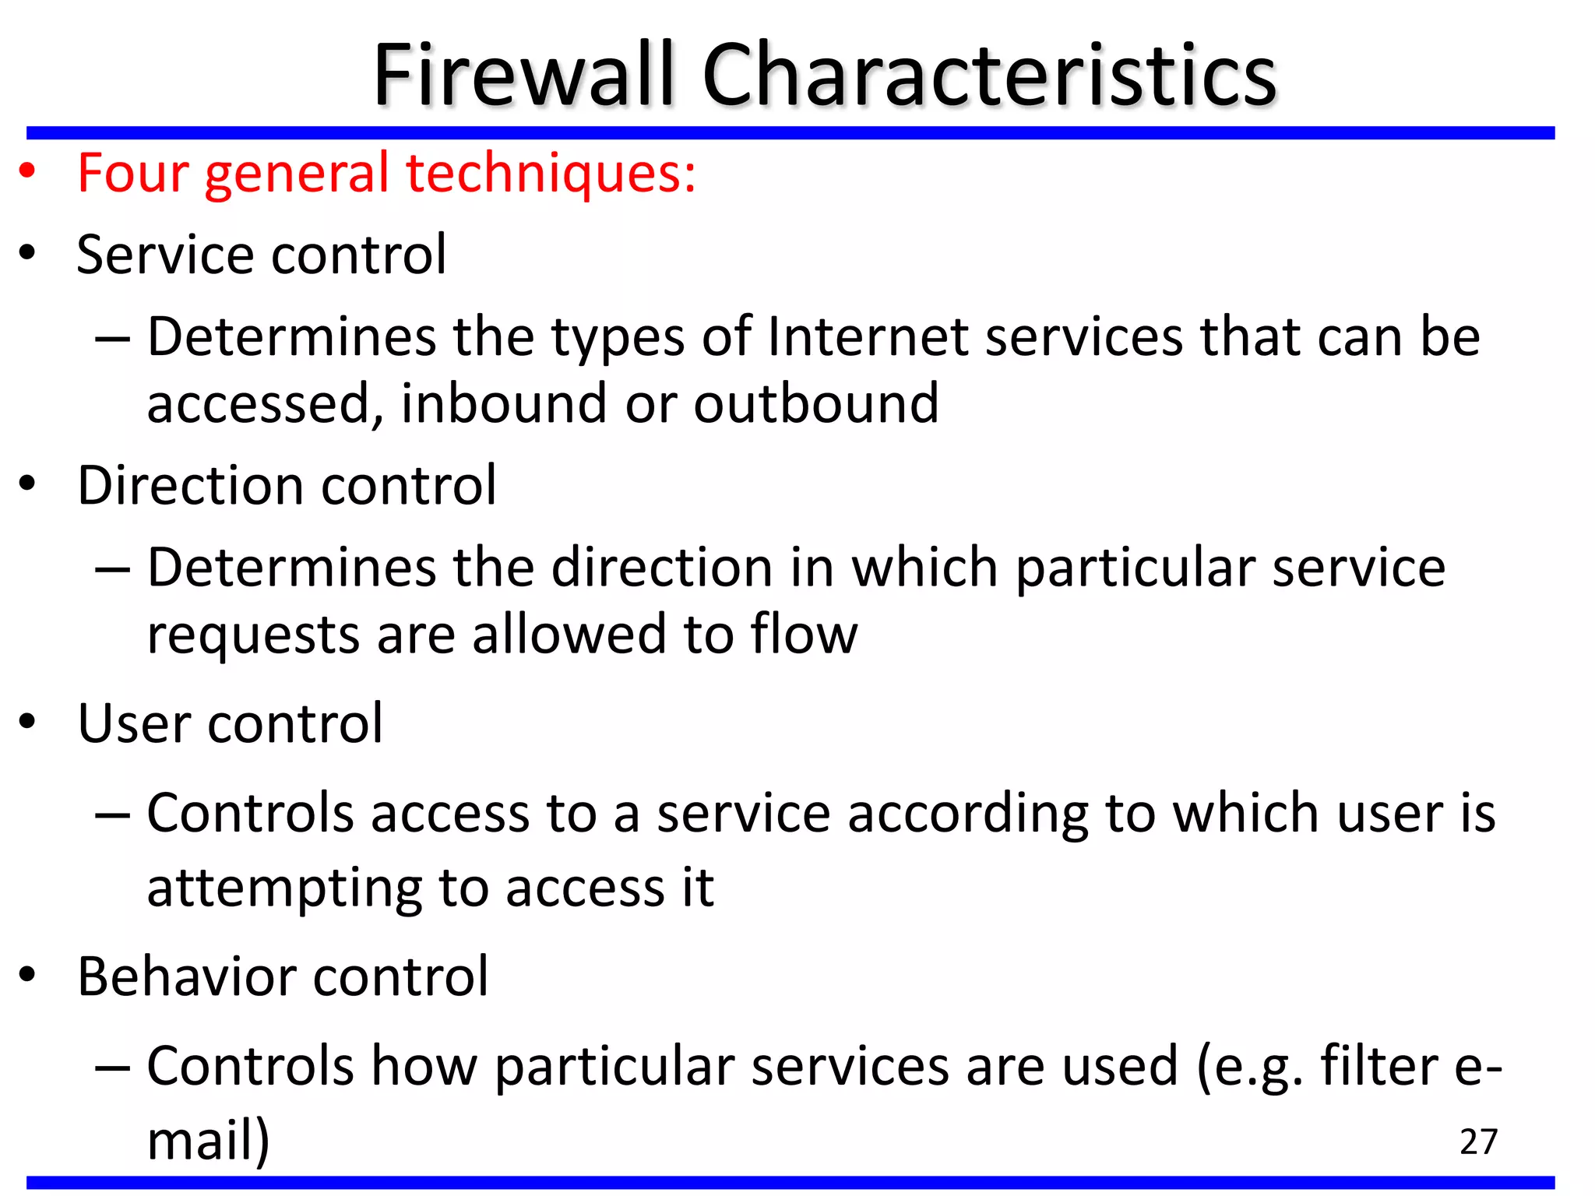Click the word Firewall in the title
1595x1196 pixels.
523,76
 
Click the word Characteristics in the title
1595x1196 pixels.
988,76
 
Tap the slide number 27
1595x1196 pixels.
1478,1142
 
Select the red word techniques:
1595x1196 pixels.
551,173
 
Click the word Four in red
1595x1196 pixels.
133,173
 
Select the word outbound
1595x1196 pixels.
815,403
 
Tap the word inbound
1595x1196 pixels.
503,403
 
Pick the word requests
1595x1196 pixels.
253,635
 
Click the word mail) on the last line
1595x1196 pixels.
208,1140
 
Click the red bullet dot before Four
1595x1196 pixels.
28,172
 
